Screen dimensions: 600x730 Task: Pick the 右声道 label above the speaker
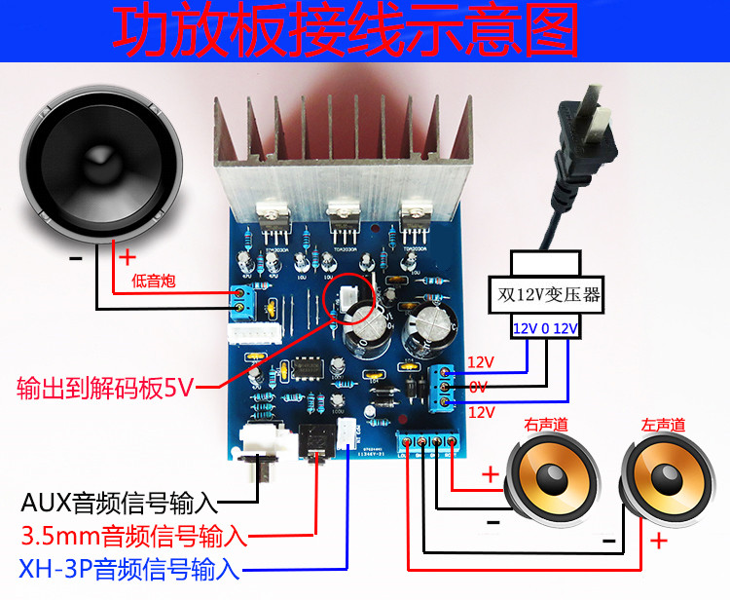tap(544, 425)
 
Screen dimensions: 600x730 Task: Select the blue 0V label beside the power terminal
tap(478, 387)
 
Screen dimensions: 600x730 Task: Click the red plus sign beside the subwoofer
tap(127, 258)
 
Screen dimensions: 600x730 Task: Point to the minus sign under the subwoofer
tap(76, 259)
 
